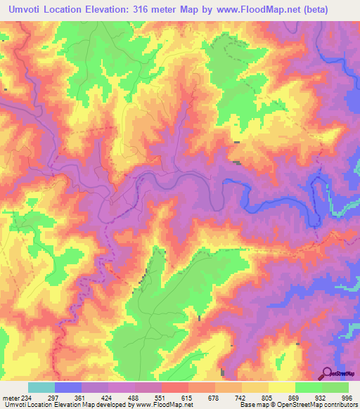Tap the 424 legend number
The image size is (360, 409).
point(108,397)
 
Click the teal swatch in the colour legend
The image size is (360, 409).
point(41,387)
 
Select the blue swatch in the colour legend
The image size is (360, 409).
point(68,387)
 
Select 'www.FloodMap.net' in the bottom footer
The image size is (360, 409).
point(158,405)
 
